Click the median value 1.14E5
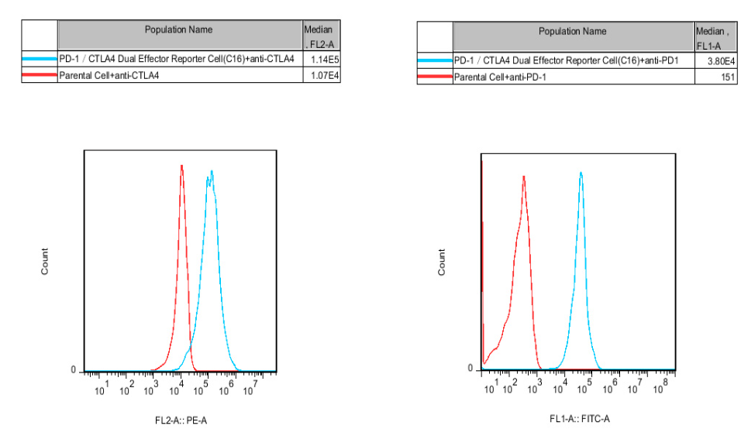[x=322, y=59]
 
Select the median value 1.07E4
[x=322, y=76]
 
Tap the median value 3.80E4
[x=716, y=61]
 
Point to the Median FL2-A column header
[x=321, y=36]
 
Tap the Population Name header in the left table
[x=178, y=30]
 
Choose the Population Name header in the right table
[x=573, y=32]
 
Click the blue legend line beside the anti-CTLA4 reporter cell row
[x=40, y=59]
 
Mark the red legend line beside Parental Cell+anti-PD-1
[x=434, y=77]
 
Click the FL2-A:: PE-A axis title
[x=181, y=421]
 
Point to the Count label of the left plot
[x=45, y=261]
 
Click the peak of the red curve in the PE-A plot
[x=181, y=166]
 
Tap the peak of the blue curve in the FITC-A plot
[x=581, y=173]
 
